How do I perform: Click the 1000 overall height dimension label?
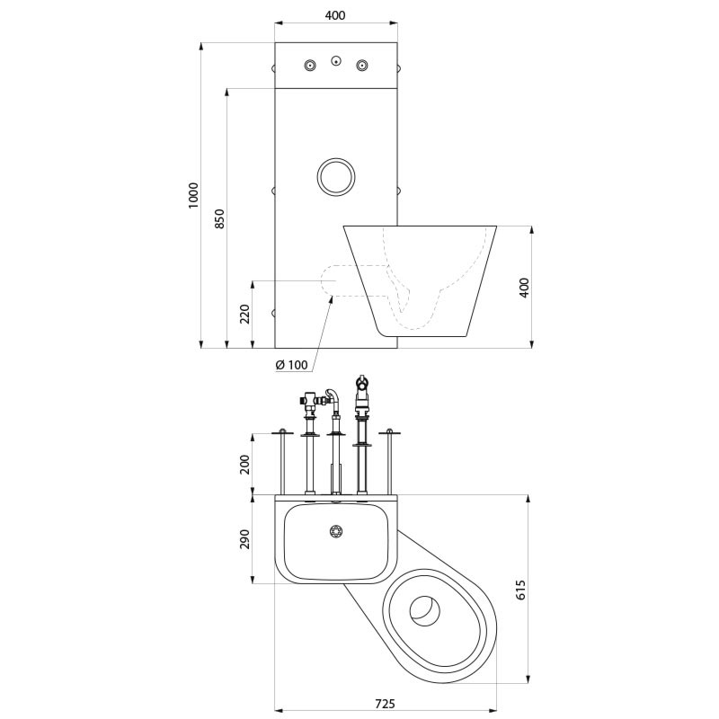pos(193,195)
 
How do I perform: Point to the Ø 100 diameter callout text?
pos(291,364)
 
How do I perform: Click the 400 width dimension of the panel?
pos(334,15)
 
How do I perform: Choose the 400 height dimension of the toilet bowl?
pos(525,287)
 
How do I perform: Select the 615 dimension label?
pos(520,589)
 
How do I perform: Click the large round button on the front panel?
pos(336,176)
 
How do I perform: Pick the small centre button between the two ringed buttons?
pos(335,62)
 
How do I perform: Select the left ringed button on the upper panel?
pos(310,65)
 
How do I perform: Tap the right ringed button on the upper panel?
pos(362,65)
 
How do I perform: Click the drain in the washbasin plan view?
pos(337,531)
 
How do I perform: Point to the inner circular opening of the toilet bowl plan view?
pos(425,610)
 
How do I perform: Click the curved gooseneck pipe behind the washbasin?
pos(333,395)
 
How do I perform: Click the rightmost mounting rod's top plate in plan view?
pos(389,433)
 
